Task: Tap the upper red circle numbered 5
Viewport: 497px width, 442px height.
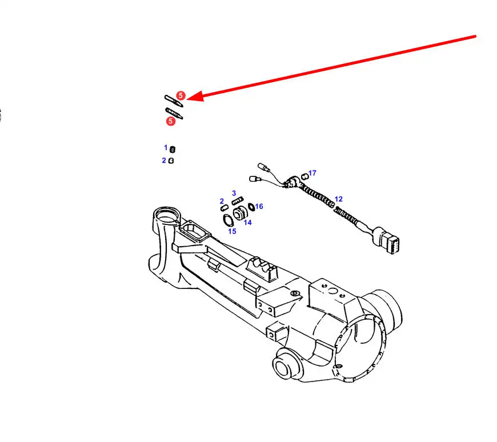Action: pyautogui.click(x=181, y=95)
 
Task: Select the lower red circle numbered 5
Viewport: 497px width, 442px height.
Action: pyautogui.click(x=170, y=121)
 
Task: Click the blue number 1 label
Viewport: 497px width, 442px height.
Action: pyautogui.click(x=166, y=147)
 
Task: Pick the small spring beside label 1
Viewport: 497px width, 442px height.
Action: pyautogui.click(x=173, y=150)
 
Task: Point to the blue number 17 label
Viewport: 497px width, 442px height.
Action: pyautogui.click(x=312, y=172)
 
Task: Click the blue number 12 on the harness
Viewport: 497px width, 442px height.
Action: pyautogui.click(x=339, y=199)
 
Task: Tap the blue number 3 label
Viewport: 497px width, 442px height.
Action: pyautogui.click(x=234, y=194)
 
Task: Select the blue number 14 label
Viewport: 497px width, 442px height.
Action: pyautogui.click(x=247, y=223)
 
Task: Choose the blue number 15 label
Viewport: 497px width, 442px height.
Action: pyautogui.click(x=232, y=231)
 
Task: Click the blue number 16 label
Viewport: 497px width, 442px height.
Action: pyautogui.click(x=259, y=206)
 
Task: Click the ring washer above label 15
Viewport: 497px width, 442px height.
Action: pyautogui.click(x=227, y=219)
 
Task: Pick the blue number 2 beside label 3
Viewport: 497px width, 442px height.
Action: pyautogui.click(x=222, y=201)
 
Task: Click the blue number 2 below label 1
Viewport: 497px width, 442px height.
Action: pyautogui.click(x=164, y=160)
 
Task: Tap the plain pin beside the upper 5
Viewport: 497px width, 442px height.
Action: pyautogui.click(x=173, y=99)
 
